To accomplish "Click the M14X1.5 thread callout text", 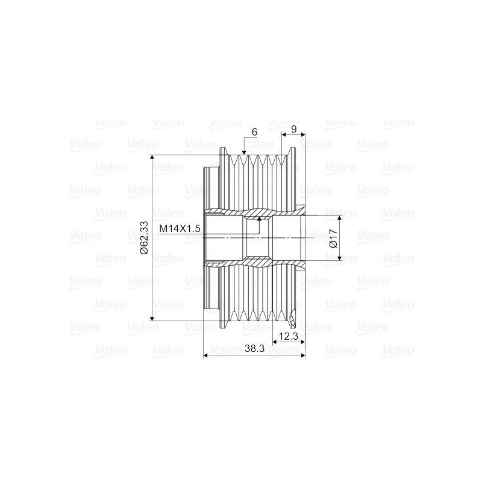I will pyautogui.click(x=179, y=229).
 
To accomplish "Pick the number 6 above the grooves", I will pyautogui.click(x=255, y=131).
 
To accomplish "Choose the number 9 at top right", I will pyautogui.click(x=293, y=129).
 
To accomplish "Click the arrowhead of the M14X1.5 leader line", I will pyautogui.click(x=259, y=222).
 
